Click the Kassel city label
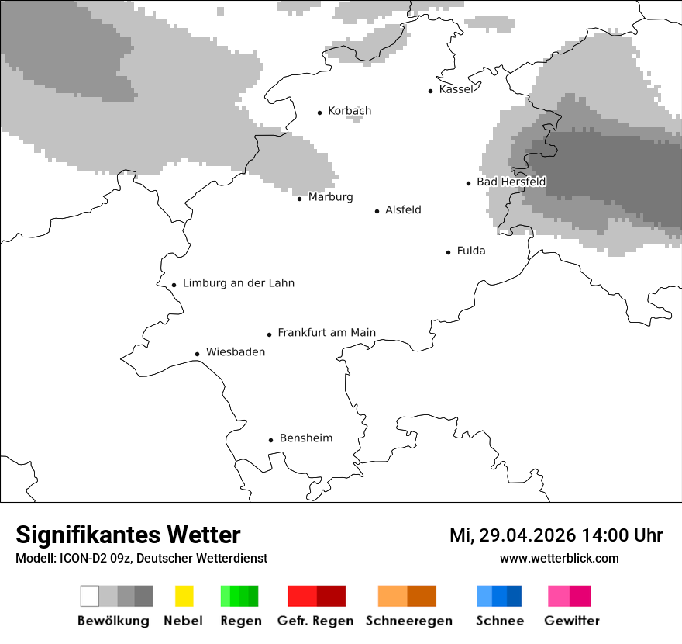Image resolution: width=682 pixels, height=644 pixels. tap(456, 89)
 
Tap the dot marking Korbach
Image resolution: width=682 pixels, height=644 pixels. tap(319, 113)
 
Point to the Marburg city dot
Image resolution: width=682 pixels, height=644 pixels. tap(300, 199)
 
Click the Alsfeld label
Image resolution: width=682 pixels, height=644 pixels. tap(403, 209)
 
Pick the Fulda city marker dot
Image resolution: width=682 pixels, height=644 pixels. tap(449, 252)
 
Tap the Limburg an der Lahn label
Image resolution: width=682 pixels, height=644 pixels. tap(238, 283)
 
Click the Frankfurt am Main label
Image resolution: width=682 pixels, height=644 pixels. tap(326, 333)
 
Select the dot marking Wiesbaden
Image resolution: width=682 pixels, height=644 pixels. tap(198, 354)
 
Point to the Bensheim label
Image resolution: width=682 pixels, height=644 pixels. tap(305, 438)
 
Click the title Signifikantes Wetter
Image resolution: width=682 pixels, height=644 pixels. tap(128, 535)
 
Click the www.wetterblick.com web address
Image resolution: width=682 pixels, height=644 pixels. tap(559, 559)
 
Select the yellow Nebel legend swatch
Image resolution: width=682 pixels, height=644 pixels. tap(184, 596)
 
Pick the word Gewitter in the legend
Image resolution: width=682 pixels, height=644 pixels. tap(572, 621)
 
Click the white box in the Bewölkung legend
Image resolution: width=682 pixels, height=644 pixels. tap(90, 596)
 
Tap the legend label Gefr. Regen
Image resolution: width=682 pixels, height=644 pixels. tap(315, 621)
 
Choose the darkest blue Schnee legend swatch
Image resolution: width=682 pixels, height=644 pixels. tap(515, 596)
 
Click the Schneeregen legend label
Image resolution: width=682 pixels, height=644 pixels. tap(408, 621)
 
